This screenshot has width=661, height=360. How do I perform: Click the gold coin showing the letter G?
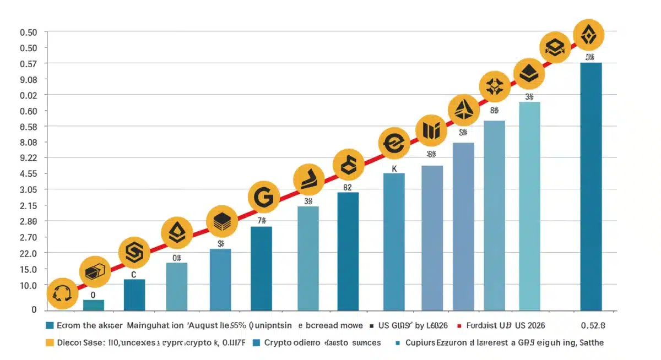pyautogui.click(x=263, y=197)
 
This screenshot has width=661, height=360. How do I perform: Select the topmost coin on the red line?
pyautogui.click(x=588, y=36)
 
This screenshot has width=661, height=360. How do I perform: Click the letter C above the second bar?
pyautogui.click(x=133, y=274)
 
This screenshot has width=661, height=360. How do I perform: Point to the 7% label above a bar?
pyautogui.click(x=261, y=221)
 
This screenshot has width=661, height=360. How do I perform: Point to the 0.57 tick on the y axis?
pyautogui.click(x=28, y=64)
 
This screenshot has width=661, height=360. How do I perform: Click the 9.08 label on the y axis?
pyautogui.click(x=28, y=80)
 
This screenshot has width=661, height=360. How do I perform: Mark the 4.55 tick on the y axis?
pyautogui.click(x=28, y=174)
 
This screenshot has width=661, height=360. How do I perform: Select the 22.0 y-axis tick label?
pyautogui.click(x=28, y=253)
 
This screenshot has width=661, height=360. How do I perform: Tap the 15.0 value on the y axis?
pyautogui.click(x=28, y=269)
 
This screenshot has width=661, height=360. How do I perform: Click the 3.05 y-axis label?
pyautogui.click(x=28, y=190)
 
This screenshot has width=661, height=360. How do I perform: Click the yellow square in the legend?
pyautogui.click(x=50, y=343)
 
